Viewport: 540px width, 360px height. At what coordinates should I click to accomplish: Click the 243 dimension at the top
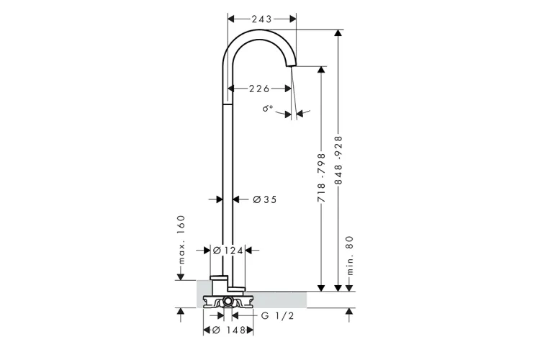[261, 19]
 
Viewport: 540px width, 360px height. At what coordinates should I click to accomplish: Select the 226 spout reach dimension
[259, 89]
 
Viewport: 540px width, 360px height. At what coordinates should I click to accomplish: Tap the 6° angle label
[267, 109]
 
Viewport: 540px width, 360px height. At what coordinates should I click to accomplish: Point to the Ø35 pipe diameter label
[264, 199]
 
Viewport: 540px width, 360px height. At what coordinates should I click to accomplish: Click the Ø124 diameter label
[228, 251]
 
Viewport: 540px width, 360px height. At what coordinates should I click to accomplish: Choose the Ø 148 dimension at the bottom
[228, 330]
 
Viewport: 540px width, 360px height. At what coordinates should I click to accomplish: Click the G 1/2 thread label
[277, 315]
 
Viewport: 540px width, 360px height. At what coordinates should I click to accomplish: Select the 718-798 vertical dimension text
[321, 178]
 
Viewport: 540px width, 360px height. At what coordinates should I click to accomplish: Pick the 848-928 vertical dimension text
[338, 160]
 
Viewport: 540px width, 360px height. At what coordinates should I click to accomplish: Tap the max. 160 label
[181, 240]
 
